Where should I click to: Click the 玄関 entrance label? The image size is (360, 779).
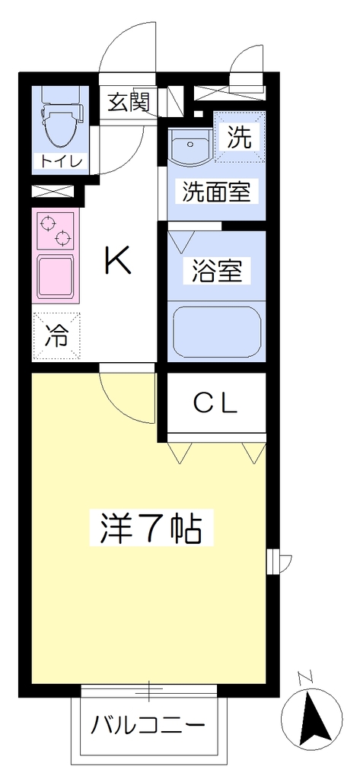(x=129, y=103)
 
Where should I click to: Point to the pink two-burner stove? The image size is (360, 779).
(x=54, y=230)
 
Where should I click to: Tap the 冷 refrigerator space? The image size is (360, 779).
(x=56, y=335)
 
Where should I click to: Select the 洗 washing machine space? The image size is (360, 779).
(x=240, y=137)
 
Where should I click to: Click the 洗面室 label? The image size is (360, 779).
(x=216, y=192)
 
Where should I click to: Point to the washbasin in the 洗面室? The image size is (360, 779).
(x=190, y=147)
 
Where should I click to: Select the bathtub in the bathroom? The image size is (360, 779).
(x=217, y=332)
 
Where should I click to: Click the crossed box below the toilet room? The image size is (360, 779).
(x=53, y=192)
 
